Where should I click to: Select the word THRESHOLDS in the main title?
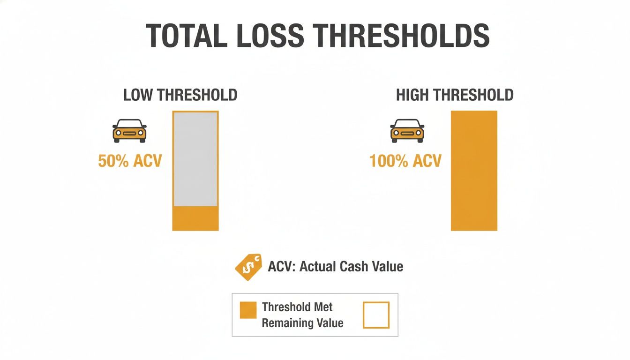396,36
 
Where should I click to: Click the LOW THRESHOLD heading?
180,95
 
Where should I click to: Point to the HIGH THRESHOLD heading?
455,95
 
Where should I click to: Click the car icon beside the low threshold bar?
129,130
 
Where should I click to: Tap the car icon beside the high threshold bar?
407,130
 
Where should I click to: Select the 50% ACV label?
130,161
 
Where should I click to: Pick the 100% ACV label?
405,161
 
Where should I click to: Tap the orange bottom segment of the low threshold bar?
195,218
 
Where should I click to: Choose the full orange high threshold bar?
474,171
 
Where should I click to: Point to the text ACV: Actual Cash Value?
335,267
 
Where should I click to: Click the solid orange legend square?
248,310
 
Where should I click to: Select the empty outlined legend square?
376,315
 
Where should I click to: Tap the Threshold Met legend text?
297,307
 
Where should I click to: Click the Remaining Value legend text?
302,323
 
